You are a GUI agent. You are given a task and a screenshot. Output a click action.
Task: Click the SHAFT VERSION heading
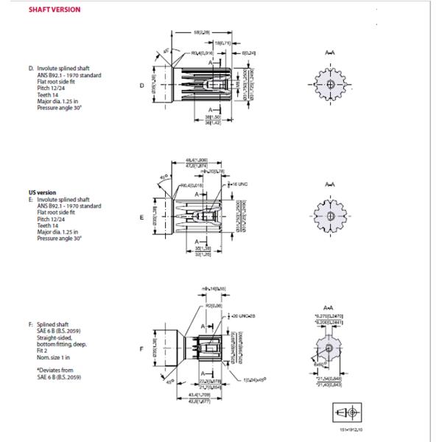(54, 10)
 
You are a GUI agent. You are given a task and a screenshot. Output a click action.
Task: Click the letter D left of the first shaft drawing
(143, 85)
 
